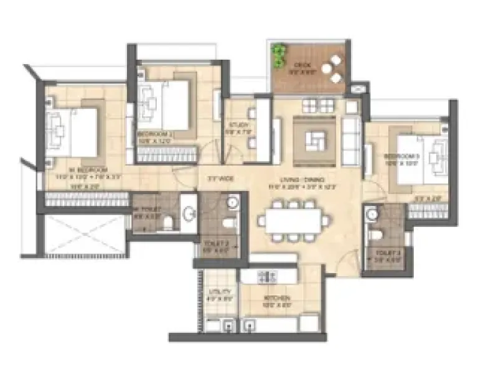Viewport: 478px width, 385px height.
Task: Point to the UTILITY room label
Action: tap(220, 292)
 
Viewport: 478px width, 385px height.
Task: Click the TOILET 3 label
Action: tap(378, 253)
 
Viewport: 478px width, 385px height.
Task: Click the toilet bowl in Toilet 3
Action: tap(375, 234)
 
